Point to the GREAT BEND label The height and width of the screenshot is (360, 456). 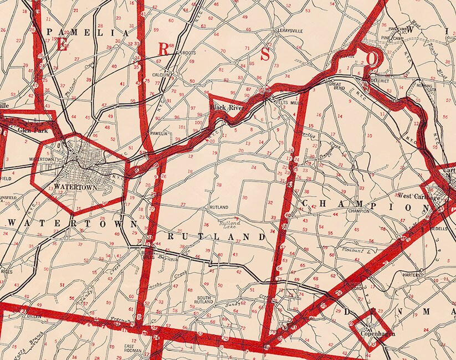337,85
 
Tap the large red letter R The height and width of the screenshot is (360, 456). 163,49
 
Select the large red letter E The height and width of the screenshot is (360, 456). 61,45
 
